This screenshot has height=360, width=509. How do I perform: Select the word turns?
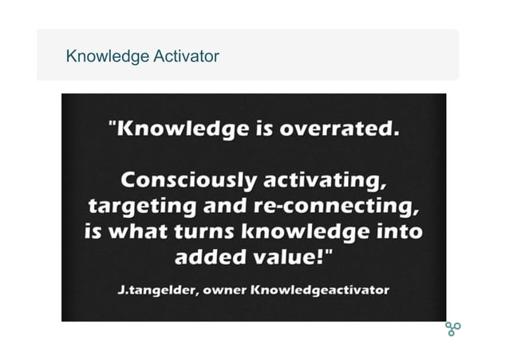pos(206,232)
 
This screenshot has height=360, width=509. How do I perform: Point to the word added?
pos(210,259)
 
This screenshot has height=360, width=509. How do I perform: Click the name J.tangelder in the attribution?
pos(156,289)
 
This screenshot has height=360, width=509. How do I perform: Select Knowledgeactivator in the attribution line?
pos(320,289)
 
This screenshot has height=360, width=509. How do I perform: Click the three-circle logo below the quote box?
pos(452,328)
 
